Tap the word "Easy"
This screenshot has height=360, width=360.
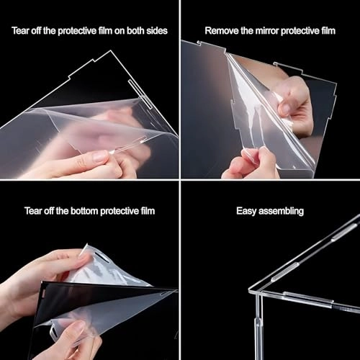[x=247, y=211]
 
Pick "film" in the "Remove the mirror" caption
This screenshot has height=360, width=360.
[x=326, y=31]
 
